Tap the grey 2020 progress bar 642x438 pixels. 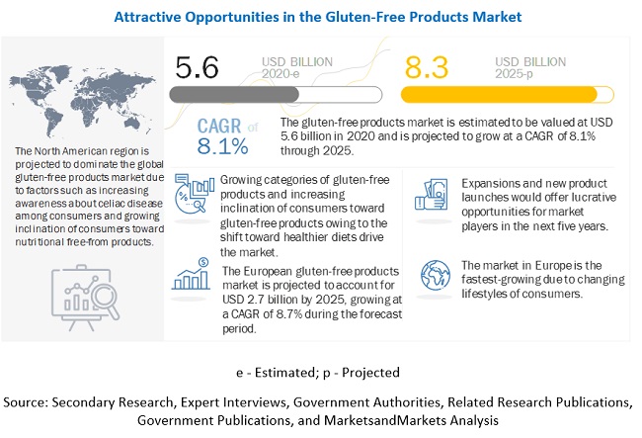(274, 94)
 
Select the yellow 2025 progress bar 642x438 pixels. (505, 94)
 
